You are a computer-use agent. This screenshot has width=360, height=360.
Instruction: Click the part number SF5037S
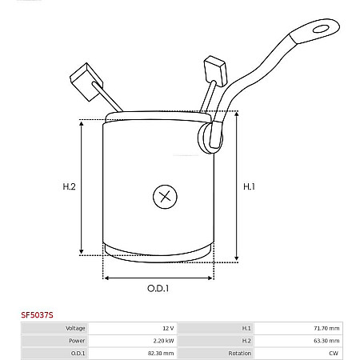(37, 315)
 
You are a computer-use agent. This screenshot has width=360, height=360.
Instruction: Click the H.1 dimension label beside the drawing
(249, 186)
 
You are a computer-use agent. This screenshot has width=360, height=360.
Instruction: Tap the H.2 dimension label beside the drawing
(69, 186)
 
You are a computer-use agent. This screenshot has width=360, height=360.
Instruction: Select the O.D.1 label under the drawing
(158, 288)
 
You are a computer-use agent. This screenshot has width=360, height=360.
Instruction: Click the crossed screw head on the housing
(165, 197)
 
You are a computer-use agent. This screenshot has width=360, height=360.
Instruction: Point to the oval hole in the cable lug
(321, 29)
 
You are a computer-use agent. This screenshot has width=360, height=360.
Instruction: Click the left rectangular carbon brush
(86, 82)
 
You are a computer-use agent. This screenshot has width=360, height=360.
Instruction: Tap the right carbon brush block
(215, 70)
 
